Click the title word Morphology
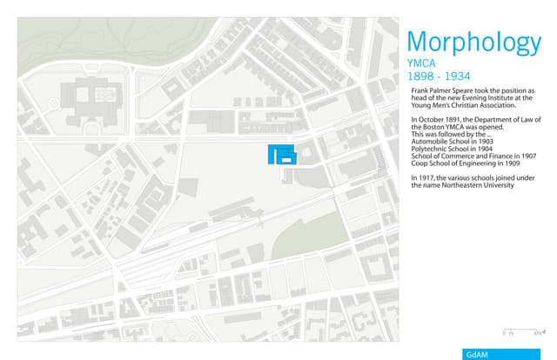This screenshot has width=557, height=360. click(x=473, y=43)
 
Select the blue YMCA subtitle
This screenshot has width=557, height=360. click(x=421, y=64)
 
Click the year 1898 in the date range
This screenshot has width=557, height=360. click(x=420, y=77)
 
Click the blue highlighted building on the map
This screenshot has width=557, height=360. click(x=281, y=154)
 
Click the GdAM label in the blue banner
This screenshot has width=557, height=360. click(x=477, y=354)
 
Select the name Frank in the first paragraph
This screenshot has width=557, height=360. click(x=419, y=91)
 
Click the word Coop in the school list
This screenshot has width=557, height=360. click(x=418, y=163)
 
